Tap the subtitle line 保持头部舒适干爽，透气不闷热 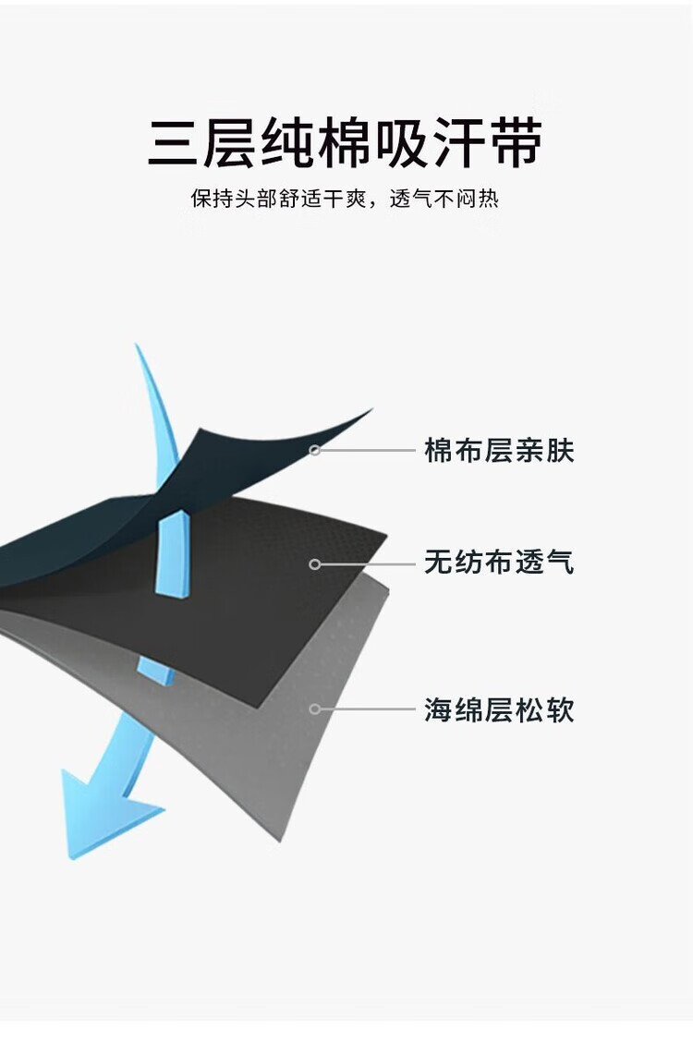345,199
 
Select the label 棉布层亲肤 499,451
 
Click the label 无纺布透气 499,562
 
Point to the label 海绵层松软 499,710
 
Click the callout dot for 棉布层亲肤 315,451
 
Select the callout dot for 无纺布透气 315,563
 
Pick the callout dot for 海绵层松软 315,709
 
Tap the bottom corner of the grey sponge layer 278,836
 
